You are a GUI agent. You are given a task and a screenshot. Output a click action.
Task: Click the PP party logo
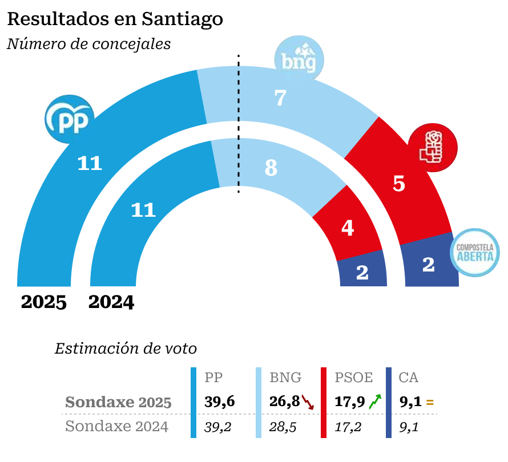[69, 118]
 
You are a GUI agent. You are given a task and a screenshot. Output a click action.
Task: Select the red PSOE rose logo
[433, 145]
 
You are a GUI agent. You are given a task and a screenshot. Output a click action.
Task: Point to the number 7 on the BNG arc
[280, 98]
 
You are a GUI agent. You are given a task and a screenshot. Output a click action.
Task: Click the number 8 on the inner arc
[271, 168]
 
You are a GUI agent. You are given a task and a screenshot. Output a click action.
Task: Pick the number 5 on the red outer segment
[399, 184]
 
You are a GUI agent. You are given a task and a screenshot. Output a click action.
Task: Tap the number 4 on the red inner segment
[348, 228]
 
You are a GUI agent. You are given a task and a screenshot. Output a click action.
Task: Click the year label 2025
[44, 302]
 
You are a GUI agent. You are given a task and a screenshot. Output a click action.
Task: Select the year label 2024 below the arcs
[111, 302]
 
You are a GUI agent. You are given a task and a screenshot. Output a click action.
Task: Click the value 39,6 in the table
[220, 402]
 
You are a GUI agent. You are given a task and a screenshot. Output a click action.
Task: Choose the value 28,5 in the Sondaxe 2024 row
[283, 427]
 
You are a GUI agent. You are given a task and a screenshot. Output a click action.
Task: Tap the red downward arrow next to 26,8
[308, 402]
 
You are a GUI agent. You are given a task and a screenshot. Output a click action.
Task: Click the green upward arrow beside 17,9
[374, 402]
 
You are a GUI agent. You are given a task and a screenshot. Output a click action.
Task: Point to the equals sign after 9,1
[430, 403]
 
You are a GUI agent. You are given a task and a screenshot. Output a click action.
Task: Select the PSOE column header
[353, 378]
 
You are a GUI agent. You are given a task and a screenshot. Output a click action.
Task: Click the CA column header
[408, 378]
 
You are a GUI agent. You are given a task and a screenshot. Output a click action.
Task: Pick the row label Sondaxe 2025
[118, 402]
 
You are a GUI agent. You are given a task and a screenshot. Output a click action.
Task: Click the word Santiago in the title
[182, 19]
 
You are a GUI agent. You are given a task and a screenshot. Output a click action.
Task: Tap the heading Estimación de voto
[126, 348]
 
